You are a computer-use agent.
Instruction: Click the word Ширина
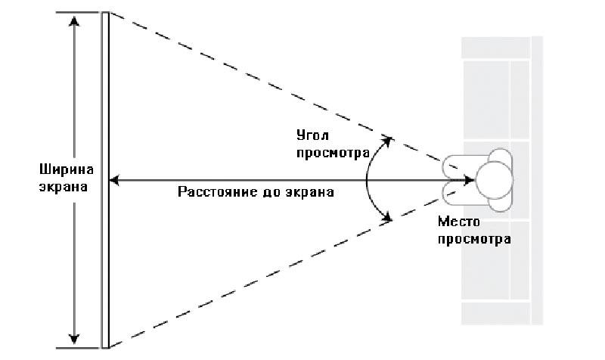click(67, 169)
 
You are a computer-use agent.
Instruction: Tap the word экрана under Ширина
click(64, 187)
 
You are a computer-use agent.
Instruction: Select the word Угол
click(313, 135)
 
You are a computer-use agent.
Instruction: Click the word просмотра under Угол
click(333, 154)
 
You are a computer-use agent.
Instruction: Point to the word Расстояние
click(218, 192)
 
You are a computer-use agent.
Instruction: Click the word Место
click(459, 222)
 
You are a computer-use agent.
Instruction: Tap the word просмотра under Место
click(474, 240)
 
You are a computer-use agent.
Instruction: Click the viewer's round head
click(495, 180)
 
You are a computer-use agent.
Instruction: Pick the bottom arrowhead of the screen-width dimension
click(73, 339)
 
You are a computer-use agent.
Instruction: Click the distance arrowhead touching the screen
click(114, 180)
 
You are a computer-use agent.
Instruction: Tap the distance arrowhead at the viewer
click(469, 180)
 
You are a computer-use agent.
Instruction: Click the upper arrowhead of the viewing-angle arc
click(387, 141)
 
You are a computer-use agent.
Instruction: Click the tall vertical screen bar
click(105, 180)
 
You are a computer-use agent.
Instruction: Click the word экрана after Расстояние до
click(310, 192)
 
